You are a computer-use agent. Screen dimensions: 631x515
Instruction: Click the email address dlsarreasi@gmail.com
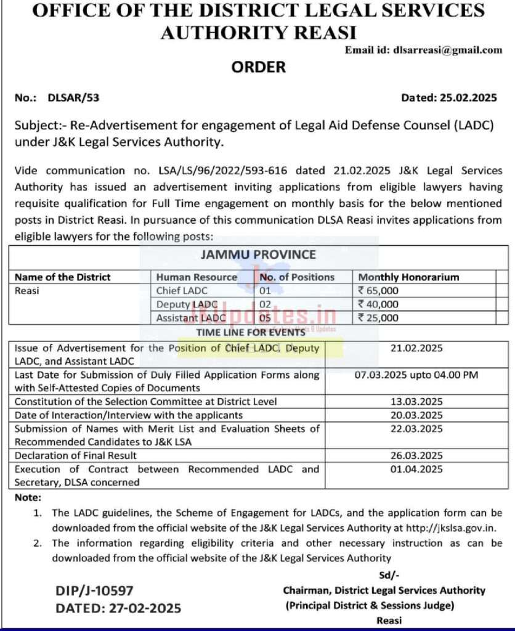click(x=447, y=51)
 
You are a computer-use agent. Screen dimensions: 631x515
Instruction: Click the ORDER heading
click(x=258, y=67)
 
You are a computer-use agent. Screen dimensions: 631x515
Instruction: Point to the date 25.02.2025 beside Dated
click(x=466, y=97)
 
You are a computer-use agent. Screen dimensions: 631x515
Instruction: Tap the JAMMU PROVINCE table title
click(x=258, y=254)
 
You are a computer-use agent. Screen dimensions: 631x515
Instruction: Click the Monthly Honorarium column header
click(x=408, y=277)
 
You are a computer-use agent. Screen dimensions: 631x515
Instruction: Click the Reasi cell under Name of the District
click(x=26, y=291)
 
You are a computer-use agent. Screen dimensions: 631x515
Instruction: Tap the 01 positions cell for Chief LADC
click(x=266, y=291)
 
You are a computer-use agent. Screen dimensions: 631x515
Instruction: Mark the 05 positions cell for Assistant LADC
click(x=266, y=318)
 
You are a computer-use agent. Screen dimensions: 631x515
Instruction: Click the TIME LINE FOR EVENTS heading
click(x=251, y=332)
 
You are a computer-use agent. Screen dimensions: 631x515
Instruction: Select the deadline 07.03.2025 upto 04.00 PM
click(x=416, y=375)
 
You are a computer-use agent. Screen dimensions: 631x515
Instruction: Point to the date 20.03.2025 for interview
click(x=416, y=415)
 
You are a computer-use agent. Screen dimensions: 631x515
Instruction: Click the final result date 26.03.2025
click(x=416, y=456)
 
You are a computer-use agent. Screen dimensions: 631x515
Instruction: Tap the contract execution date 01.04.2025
click(x=416, y=470)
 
